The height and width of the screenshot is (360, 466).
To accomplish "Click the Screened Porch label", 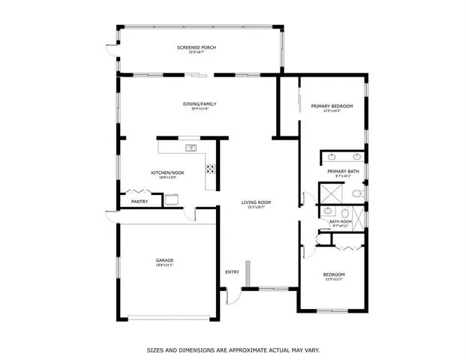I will pos(197,48).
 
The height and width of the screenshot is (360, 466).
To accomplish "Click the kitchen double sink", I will pos(192,147).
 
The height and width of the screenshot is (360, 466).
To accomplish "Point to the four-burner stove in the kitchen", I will pos(211,169).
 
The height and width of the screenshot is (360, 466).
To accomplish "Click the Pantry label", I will pos(140,201).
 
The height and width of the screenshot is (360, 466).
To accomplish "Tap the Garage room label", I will pos(164,260).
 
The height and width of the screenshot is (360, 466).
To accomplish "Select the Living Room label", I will pos(256,202).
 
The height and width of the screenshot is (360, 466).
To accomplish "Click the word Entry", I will pos(233,271).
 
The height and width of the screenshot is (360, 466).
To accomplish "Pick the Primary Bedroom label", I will pos(331,106).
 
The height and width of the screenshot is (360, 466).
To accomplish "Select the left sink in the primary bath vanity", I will pos(332,157).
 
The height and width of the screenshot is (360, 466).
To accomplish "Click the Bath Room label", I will pos(341,221).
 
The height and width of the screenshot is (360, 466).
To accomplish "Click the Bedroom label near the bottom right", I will pos(334,274).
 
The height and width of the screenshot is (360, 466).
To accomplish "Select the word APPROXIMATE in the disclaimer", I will pos(245,349).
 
